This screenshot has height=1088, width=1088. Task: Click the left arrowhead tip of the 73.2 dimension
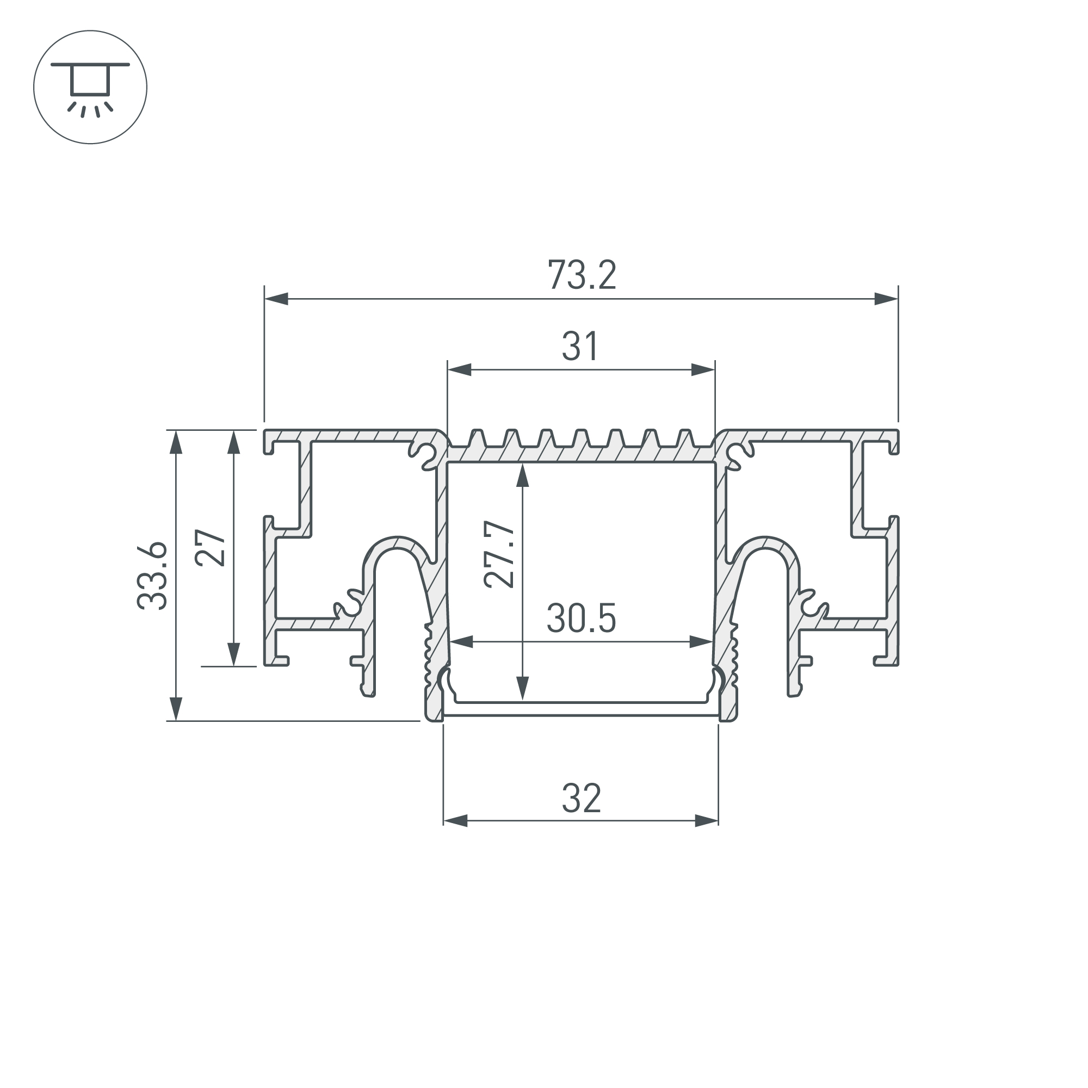pyautogui.click(x=265, y=299)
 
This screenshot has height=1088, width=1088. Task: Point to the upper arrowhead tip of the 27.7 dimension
pyautogui.click(x=523, y=463)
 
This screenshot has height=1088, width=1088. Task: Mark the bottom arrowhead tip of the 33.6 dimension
pyautogui.click(x=176, y=720)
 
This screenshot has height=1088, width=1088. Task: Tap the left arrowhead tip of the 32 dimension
pyautogui.click(x=444, y=821)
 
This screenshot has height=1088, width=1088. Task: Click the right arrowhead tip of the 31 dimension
pyautogui.click(x=715, y=370)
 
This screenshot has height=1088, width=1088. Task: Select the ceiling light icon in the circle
pyautogui.click(x=90, y=87)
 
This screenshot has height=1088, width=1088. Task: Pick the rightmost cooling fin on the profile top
pyautogui.click(x=684, y=438)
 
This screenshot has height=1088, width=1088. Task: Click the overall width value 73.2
pyautogui.click(x=582, y=275)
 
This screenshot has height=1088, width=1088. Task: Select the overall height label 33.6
pyautogui.click(x=152, y=575)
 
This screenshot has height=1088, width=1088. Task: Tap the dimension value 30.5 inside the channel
pyautogui.click(x=581, y=618)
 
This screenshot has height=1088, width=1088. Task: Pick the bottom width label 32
pyautogui.click(x=581, y=798)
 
